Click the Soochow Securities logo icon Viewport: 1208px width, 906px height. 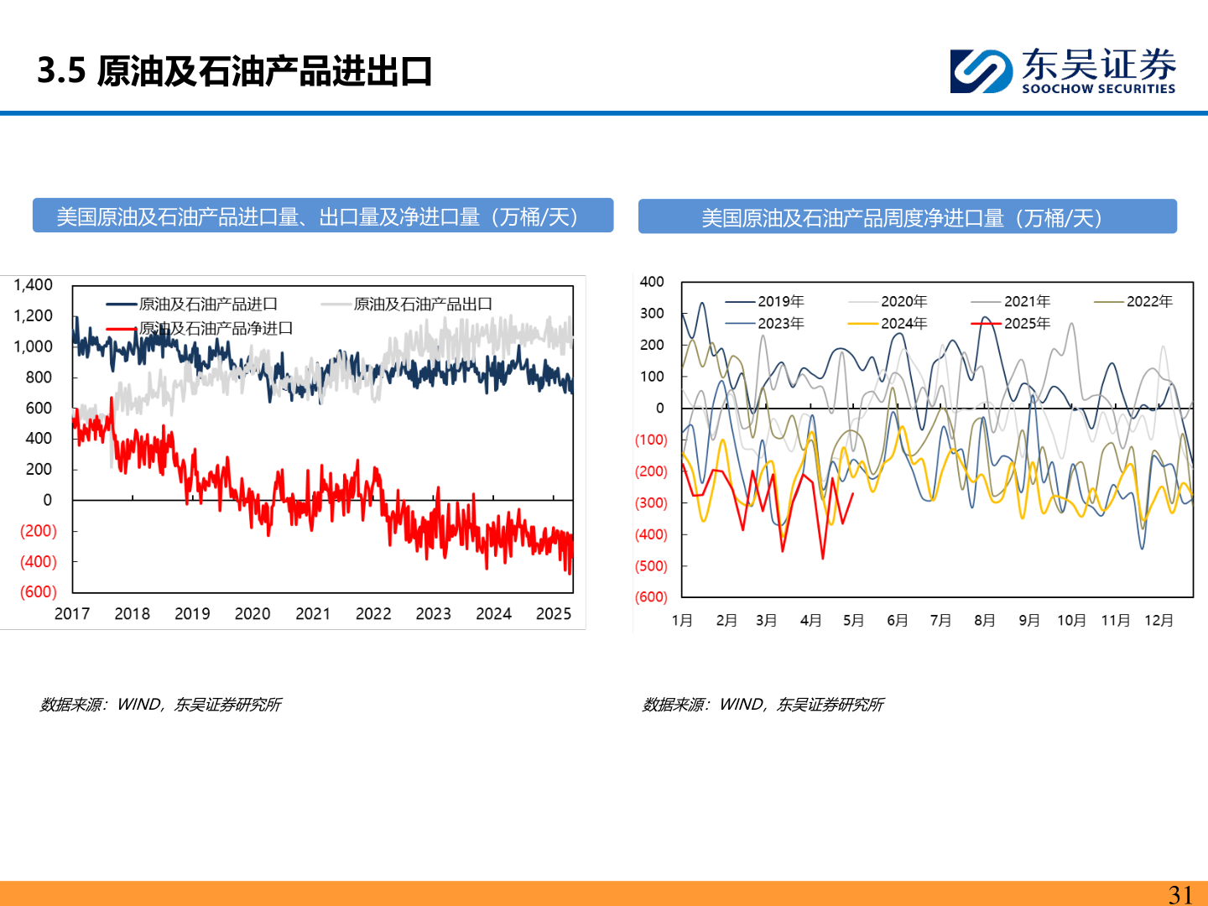(x=981, y=71)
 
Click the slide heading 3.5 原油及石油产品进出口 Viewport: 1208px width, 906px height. (x=234, y=71)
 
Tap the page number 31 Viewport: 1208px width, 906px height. (x=1180, y=894)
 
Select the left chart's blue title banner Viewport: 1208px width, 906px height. (x=323, y=216)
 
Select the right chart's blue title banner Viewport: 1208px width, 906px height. (x=907, y=217)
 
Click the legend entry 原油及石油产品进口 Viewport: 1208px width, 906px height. (x=207, y=304)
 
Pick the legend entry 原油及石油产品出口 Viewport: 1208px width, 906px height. (x=422, y=304)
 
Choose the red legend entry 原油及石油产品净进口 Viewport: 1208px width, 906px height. (x=216, y=328)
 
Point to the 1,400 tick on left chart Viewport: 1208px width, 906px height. (x=34, y=285)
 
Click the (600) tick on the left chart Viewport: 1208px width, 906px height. (x=39, y=592)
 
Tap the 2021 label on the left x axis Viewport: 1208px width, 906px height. (x=313, y=614)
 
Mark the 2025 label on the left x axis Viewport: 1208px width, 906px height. (x=554, y=614)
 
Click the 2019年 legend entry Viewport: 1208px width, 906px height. (x=780, y=301)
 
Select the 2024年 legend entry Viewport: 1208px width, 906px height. (x=903, y=323)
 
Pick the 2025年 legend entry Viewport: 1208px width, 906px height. (x=1027, y=323)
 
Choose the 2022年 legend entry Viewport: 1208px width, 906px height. (x=1149, y=301)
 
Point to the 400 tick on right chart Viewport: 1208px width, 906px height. (x=652, y=282)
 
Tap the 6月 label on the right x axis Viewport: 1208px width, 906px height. (x=898, y=621)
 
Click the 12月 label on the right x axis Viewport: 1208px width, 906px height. (x=1159, y=621)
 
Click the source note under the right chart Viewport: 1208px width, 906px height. (x=763, y=705)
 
